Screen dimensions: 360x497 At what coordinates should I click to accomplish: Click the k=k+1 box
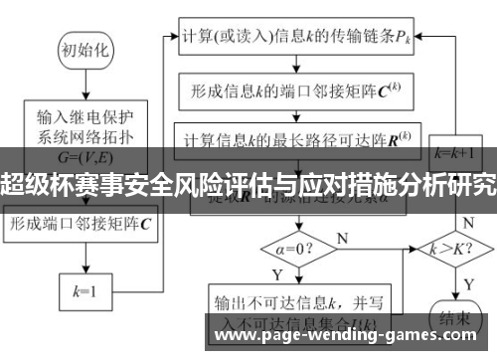452,155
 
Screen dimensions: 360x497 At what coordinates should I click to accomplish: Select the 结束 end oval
453,318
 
